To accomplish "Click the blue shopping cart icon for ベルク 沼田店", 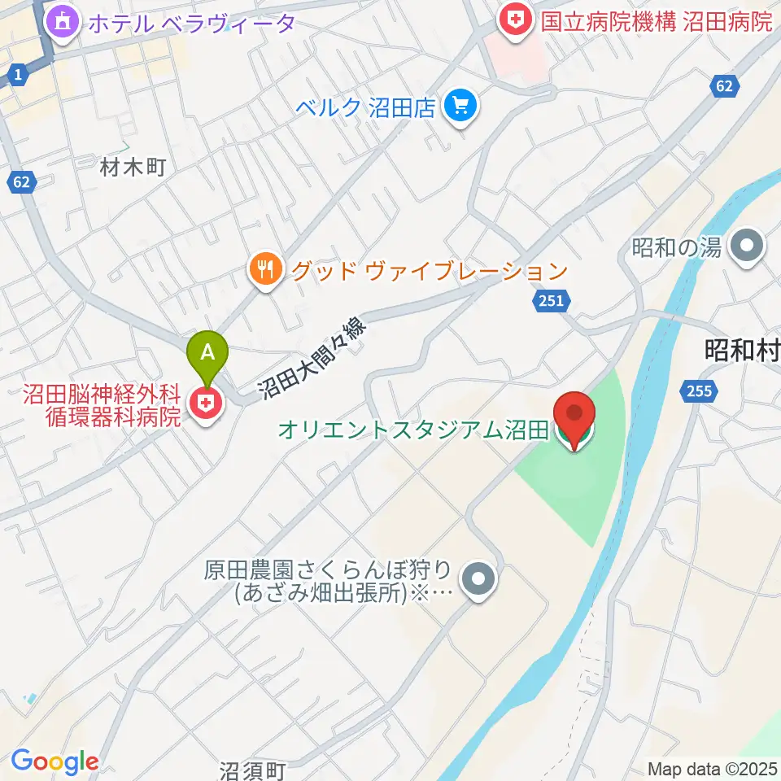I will coord(461,107).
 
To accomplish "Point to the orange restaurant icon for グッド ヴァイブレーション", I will coord(265,269).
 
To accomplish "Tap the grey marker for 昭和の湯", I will coord(745,247).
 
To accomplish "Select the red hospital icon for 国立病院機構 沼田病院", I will coord(516,20).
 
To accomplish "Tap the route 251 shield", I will coord(550,302).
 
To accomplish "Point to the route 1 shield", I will coord(17,76).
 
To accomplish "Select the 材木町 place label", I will coord(133,168).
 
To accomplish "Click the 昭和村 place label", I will coord(741,351).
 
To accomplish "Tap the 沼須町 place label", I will coord(253,770).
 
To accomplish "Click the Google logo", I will coord(55,761).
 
